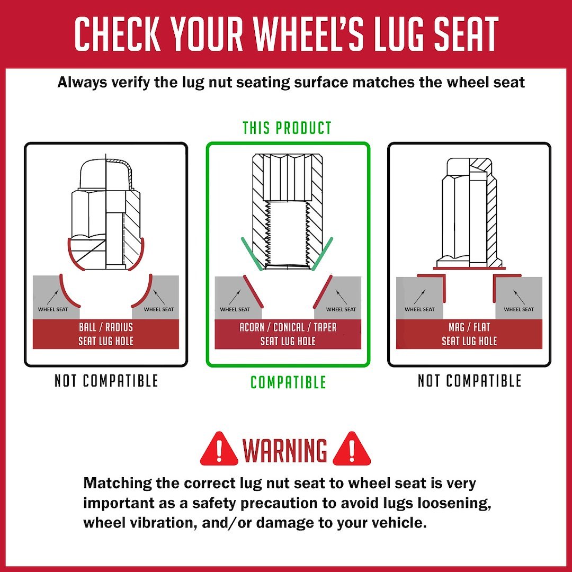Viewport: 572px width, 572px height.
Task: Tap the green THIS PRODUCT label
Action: tap(287, 128)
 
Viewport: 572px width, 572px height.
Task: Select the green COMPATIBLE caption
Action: tap(288, 382)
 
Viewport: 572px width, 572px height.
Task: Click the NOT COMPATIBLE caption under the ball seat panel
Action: tap(106, 381)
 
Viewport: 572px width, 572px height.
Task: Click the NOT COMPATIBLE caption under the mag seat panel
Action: tap(469, 381)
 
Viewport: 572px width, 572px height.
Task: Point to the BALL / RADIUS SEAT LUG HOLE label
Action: tap(106, 334)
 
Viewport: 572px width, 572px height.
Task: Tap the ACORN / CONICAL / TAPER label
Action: tap(288, 327)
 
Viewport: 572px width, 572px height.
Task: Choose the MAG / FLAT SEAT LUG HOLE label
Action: tap(469, 334)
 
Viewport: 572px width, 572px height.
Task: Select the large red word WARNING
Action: tap(285, 450)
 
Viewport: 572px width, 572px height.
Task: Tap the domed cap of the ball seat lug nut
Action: tap(106, 174)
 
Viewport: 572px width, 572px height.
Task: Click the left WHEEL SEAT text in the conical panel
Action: tap(235, 309)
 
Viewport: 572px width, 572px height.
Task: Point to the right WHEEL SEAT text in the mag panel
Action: tap(519, 309)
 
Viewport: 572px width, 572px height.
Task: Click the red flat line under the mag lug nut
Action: tap(469, 269)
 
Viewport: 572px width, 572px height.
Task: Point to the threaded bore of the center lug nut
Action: tap(288, 234)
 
